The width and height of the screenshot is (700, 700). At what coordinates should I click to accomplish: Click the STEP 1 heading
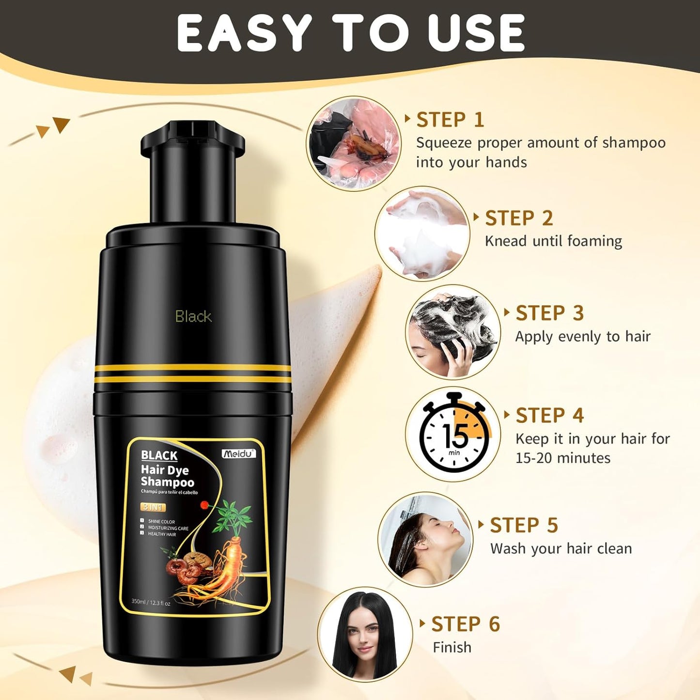(450, 120)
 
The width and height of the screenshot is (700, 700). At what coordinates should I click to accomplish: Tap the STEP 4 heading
(550, 416)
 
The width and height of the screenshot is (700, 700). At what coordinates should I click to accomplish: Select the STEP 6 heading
(466, 624)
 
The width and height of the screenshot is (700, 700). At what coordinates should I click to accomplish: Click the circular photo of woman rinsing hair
(425, 540)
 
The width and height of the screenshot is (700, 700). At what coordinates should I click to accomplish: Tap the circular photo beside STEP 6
(365, 635)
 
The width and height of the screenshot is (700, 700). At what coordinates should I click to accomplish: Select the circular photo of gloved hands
(354, 143)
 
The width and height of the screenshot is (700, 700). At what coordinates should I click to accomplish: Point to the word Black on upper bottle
(193, 317)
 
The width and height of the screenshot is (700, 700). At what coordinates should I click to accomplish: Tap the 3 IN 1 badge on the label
(153, 507)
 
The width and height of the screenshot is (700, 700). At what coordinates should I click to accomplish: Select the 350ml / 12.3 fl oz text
(151, 603)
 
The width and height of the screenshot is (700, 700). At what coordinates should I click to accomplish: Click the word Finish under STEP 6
(452, 647)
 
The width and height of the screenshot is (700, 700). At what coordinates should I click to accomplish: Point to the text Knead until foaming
(553, 241)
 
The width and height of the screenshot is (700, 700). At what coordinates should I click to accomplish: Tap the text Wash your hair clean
(561, 549)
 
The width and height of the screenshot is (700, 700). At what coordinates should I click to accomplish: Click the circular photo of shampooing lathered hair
(452, 332)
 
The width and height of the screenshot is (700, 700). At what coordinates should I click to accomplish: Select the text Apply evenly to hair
(583, 337)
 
